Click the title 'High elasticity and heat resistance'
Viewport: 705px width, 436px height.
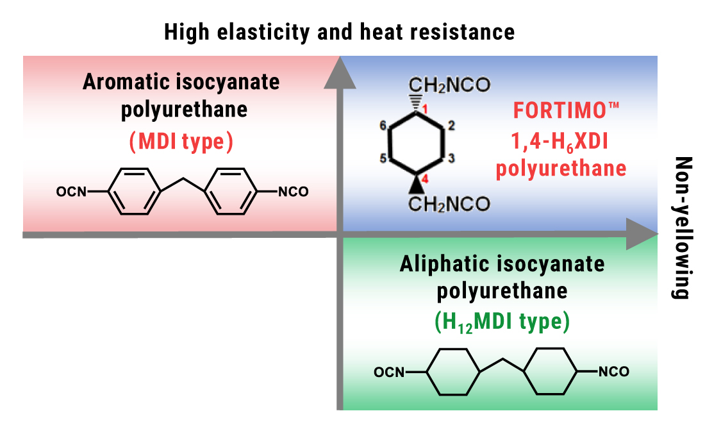[x=339, y=31]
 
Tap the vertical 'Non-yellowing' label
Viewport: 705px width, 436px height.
[x=681, y=228]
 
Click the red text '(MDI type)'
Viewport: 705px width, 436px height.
[x=181, y=142]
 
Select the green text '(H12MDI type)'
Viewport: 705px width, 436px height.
[x=501, y=323]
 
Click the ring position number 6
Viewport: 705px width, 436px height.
[x=383, y=126]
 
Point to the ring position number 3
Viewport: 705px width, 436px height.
[x=451, y=157]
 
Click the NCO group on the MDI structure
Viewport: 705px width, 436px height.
[x=292, y=191]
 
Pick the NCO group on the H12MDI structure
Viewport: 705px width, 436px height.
[x=613, y=371]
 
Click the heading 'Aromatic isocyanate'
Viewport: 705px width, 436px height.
[x=181, y=83]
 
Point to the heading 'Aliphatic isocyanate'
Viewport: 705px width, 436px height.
[x=501, y=264]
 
